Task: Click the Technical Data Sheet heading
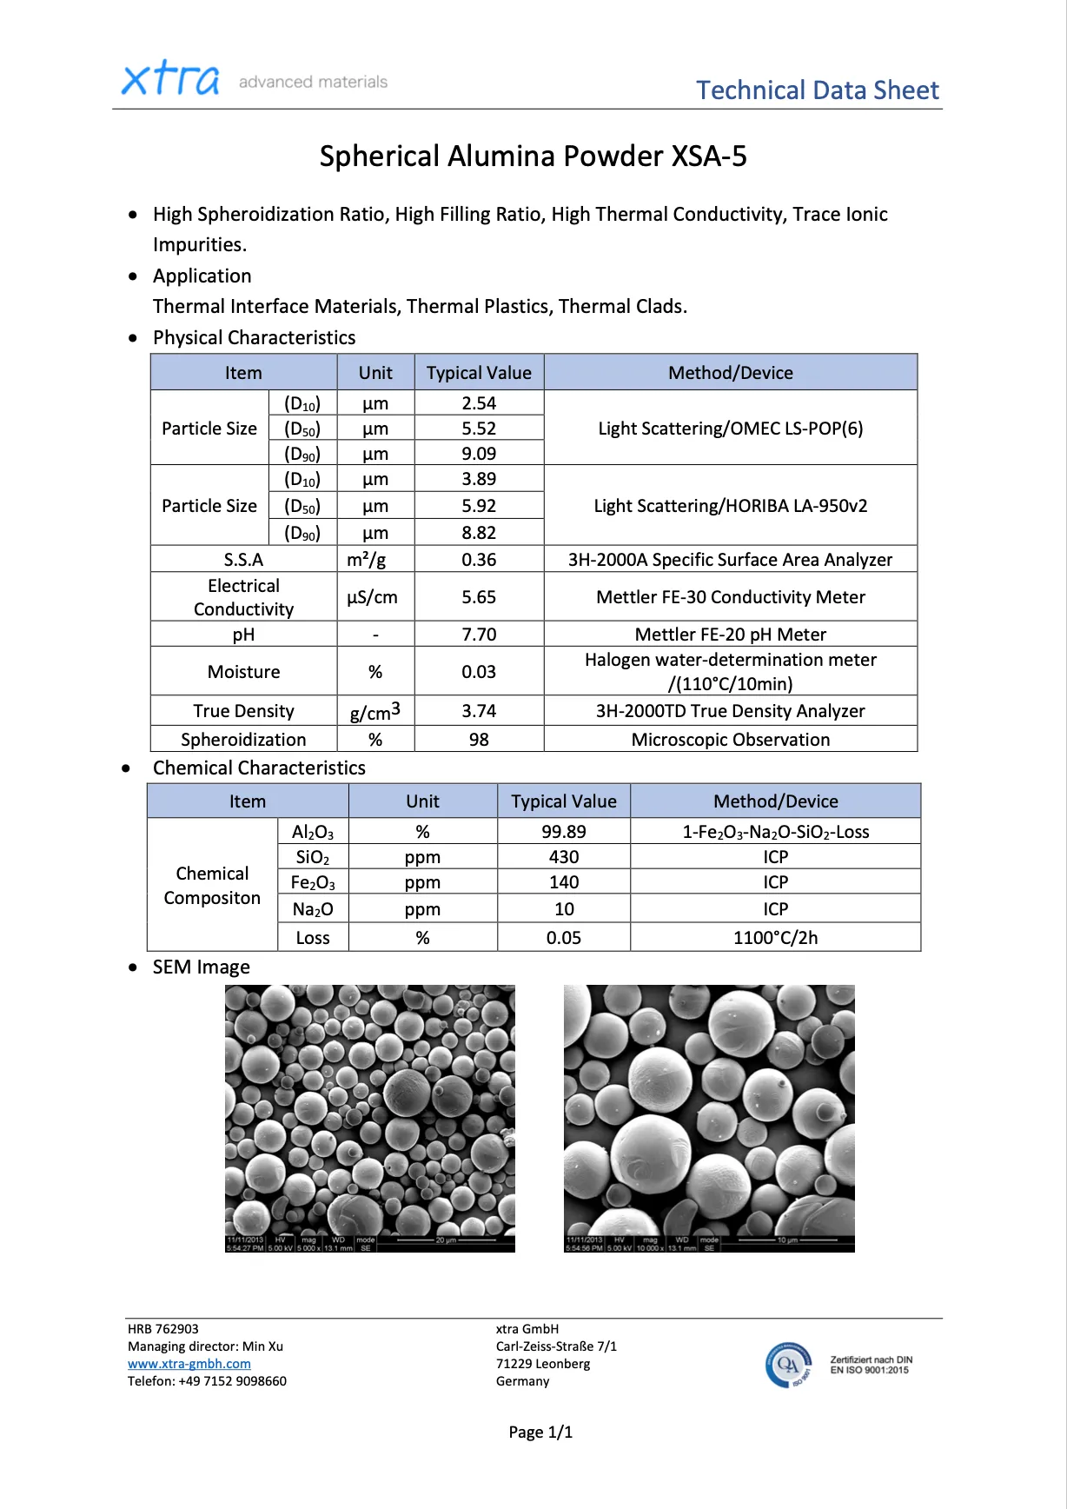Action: click(x=817, y=90)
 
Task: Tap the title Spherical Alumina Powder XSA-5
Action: click(x=533, y=156)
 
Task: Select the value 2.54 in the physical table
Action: click(x=479, y=403)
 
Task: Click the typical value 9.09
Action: click(x=479, y=454)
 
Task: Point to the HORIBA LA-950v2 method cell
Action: click(x=730, y=506)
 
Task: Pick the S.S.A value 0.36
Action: click(x=479, y=560)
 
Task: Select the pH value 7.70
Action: click(x=479, y=635)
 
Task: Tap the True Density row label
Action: click(x=243, y=711)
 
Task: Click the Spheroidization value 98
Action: click(x=479, y=740)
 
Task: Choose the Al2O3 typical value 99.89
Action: click(x=563, y=832)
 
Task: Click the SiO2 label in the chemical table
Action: click(x=313, y=857)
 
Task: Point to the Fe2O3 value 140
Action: click(x=563, y=882)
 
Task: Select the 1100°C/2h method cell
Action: click(x=775, y=938)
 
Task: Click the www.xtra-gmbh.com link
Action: click(x=189, y=1364)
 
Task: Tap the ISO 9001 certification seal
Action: click(x=789, y=1365)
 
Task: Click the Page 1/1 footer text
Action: click(x=540, y=1433)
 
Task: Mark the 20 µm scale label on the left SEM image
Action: click(x=446, y=1240)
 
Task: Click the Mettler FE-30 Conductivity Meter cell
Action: click(x=730, y=597)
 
